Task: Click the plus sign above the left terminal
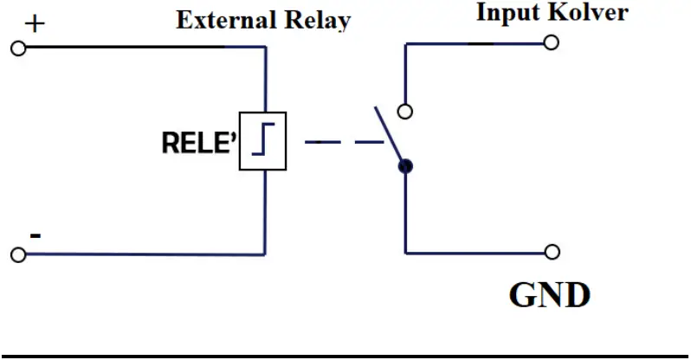(34, 23)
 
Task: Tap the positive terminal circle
(17, 48)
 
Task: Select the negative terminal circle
(17, 254)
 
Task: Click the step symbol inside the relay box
(262, 140)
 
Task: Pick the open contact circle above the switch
(404, 111)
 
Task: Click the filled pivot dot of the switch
(405, 166)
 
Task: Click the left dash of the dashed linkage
(321, 141)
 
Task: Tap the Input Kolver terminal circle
(552, 42)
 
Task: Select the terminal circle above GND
(552, 252)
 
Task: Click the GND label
(549, 296)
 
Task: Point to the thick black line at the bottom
(345, 355)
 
